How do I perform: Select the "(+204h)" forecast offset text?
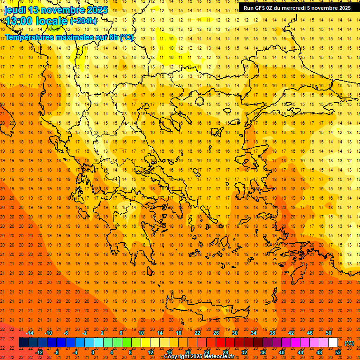tap(83, 21)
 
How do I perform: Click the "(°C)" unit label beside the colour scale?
tap(349, 343)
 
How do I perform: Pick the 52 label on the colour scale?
tap(338, 352)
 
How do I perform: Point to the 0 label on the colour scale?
tap(93, 352)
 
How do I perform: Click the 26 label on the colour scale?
tap(216, 333)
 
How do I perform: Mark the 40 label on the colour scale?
tap(282, 352)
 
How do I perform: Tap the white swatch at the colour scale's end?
tap(333, 343)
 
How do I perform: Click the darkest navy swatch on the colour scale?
tap(23, 343)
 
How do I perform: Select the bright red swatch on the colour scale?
tap(220, 343)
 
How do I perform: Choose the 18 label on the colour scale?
tap(179, 333)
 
